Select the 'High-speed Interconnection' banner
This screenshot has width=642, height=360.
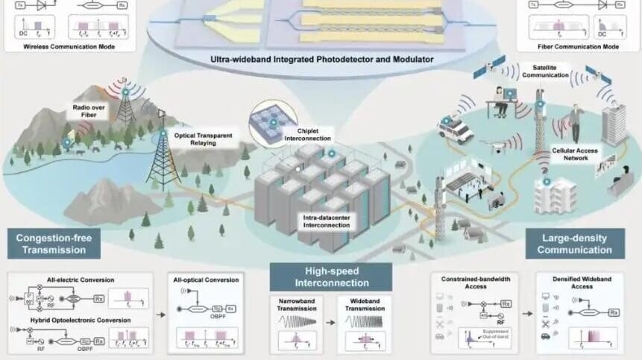pos(330,277)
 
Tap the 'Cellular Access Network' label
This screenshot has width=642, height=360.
pos(575,154)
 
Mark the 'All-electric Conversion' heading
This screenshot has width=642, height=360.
pos(48,280)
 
